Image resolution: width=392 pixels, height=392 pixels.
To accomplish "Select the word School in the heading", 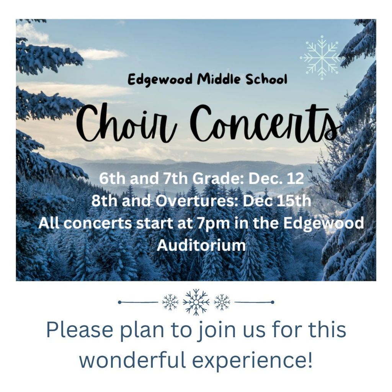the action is click(x=266, y=79).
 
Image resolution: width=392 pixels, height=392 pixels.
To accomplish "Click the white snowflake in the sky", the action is click(x=322, y=58).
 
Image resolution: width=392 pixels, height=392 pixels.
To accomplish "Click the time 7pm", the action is click(x=214, y=223).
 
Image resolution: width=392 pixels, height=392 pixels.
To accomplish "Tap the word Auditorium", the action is click(x=201, y=245).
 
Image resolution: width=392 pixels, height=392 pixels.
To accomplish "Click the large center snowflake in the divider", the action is click(x=196, y=302).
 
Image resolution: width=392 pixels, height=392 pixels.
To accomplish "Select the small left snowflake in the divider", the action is click(x=170, y=302).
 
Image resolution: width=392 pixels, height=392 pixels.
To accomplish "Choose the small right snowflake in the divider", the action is click(x=222, y=302).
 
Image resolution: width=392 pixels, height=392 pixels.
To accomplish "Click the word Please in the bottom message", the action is click(x=80, y=330).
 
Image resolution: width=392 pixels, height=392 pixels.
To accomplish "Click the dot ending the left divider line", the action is click(x=119, y=302).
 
